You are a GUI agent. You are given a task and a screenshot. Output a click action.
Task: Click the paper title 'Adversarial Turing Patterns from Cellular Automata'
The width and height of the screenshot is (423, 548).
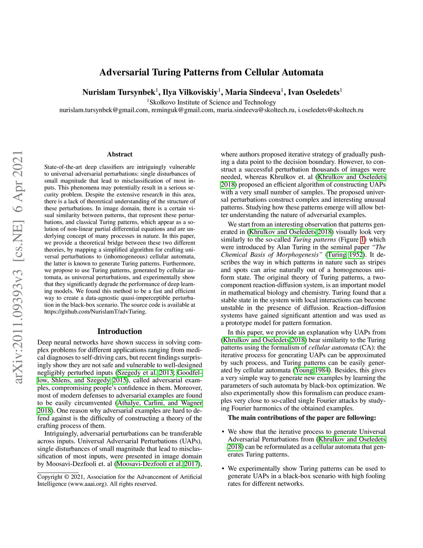(211, 72)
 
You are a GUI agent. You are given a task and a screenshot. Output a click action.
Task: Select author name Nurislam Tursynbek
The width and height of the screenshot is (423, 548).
(119, 92)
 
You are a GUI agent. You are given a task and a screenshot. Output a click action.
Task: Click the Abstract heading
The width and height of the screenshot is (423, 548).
(120, 154)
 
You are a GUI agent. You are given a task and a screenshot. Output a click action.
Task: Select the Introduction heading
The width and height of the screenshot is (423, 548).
(119, 331)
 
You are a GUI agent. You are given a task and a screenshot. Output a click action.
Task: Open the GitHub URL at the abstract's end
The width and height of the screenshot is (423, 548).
(95, 311)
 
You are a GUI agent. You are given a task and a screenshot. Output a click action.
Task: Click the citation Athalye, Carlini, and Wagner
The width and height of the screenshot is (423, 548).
(159, 403)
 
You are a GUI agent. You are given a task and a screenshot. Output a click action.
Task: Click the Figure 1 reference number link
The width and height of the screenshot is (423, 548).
(363, 239)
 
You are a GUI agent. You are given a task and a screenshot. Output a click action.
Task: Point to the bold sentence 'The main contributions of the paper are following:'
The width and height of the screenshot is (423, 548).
(302, 418)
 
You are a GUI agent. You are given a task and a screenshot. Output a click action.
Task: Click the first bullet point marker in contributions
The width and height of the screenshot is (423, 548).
(223, 432)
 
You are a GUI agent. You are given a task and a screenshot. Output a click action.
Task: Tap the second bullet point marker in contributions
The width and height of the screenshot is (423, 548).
(223, 469)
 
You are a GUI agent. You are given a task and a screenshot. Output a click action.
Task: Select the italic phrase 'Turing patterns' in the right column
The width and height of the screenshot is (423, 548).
(314, 239)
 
